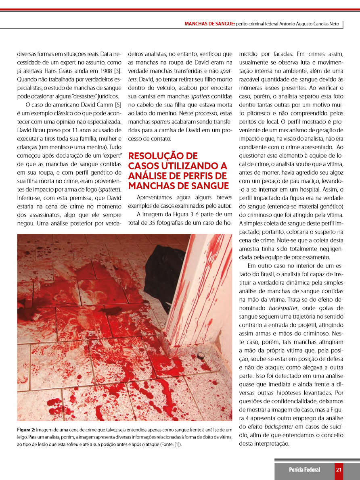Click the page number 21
pyautogui.click(x=339, y=470)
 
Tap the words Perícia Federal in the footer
pyautogui.click(x=304, y=470)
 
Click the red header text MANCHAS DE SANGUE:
pyautogui.click(x=209, y=24)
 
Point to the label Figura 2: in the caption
pyautogui.click(x=26, y=430)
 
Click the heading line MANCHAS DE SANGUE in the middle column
pyautogui.click(x=178, y=186)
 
